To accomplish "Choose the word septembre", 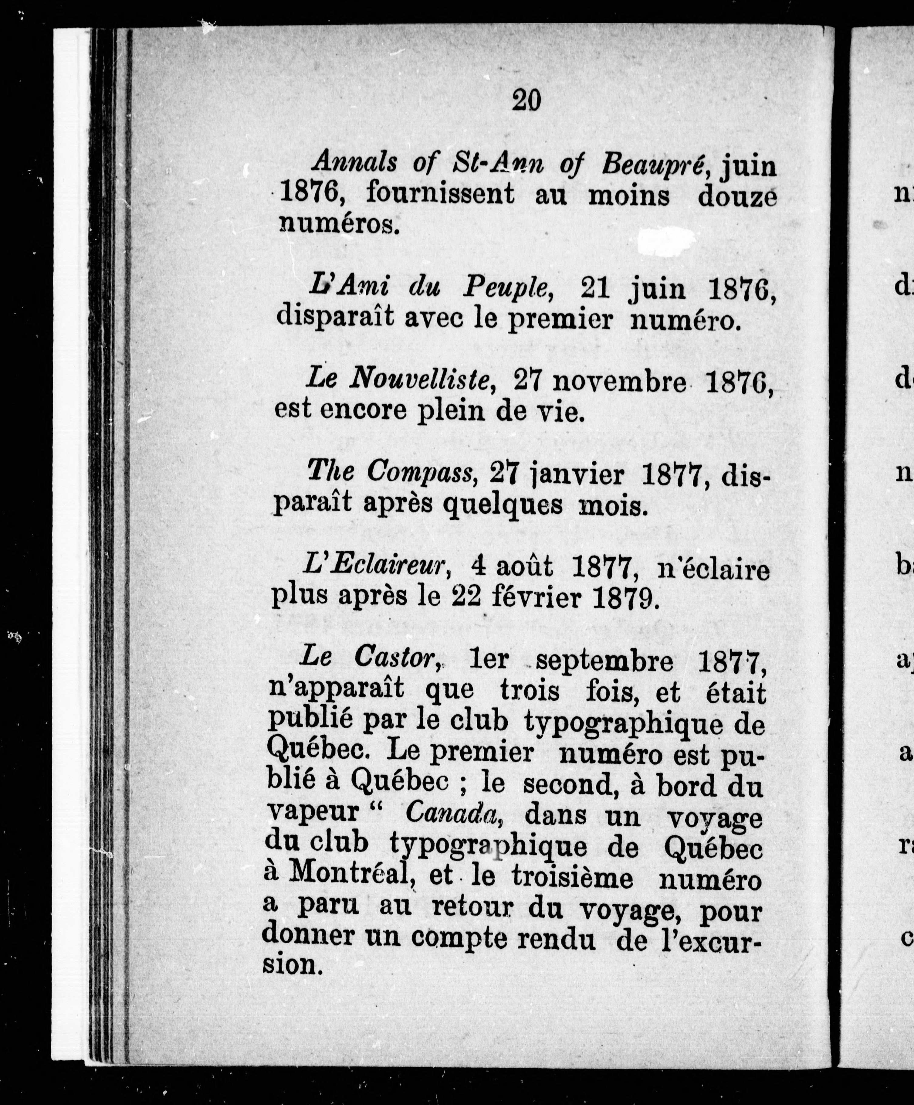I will pos(604,661).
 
